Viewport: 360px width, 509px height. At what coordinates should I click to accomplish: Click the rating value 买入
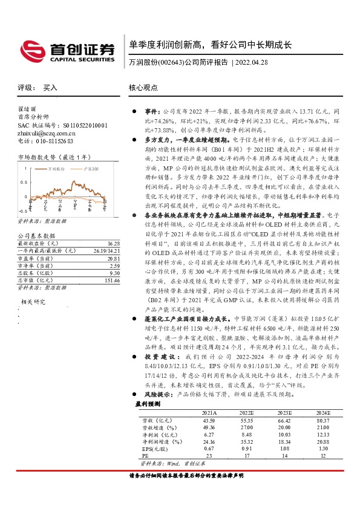pyautogui.click(x=51, y=88)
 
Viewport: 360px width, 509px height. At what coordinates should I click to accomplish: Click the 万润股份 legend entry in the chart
pyautogui.click(x=59, y=170)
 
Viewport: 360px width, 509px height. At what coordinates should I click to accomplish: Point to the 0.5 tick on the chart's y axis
pyautogui.click(x=24, y=181)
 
